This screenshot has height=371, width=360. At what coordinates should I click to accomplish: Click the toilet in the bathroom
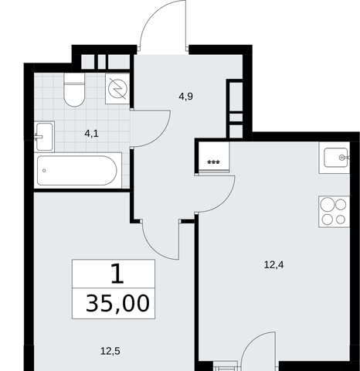pos(74,90)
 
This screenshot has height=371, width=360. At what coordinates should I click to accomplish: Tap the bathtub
pos(76,170)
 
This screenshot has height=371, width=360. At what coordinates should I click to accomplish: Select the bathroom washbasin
pos(44,137)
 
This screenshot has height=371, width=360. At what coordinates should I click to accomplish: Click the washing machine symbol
pos(117,89)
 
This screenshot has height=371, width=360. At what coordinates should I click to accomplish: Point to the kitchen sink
pos(335,158)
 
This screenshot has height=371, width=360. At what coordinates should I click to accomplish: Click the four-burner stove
pos(334,212)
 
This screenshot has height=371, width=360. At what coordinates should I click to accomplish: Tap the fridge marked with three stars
pos(213,156)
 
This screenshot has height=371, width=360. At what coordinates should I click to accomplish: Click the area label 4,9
pos(185,97)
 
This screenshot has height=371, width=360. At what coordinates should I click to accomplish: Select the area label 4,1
pos(91,134)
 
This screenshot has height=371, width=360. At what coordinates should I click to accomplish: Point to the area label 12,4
pos(273,265)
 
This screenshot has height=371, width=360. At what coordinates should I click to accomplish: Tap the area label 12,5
pos(110,351)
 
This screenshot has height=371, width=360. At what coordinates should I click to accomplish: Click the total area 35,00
pos(117,304)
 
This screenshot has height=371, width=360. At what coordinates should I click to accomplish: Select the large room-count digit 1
pos(117,274)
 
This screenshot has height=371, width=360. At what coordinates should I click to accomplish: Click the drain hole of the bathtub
pos(44,171)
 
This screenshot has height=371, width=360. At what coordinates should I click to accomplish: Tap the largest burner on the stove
pos(328,205)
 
